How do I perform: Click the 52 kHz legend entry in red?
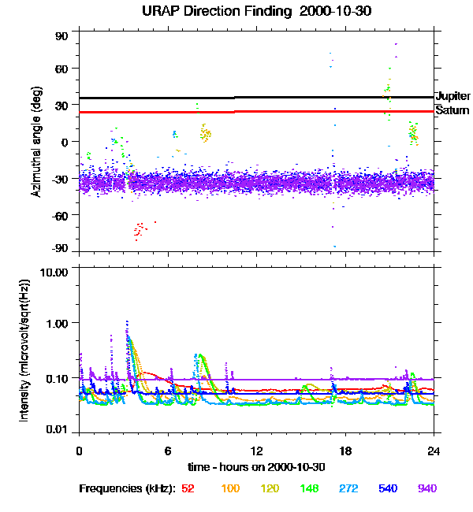click(188, 489)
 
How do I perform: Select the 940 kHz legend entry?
click(426, 489)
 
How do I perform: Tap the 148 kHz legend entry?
click(309, 489)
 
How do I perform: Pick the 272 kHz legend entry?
click(348, 489)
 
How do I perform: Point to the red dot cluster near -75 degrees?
click(140, 230)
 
